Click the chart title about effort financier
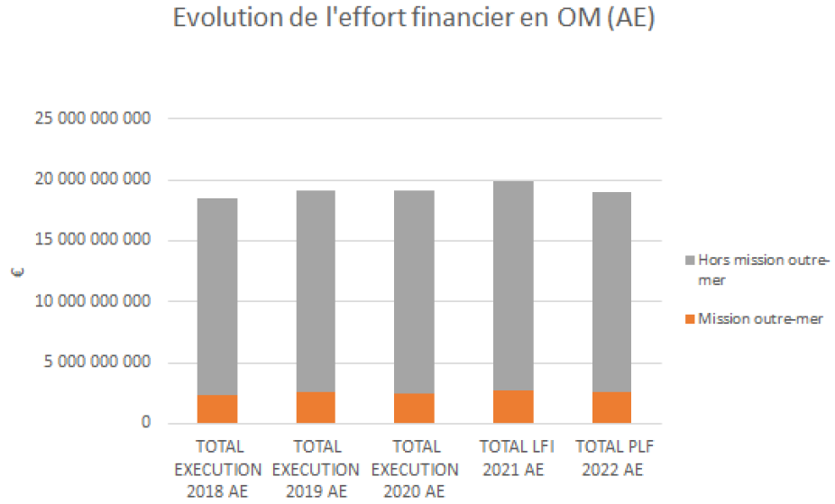point(414,20)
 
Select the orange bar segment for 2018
point(217,408)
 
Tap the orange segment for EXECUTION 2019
point(316,408)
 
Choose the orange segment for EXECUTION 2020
point(414,408)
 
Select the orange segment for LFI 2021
point(513,407)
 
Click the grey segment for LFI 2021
point(513,286)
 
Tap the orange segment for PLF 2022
point(611,408)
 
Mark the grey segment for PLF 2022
point(611,292)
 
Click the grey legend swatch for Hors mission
point(690,261)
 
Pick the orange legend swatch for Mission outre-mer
point(690,318)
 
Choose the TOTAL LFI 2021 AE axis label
point(512,458)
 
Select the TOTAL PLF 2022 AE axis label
point(611,458)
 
